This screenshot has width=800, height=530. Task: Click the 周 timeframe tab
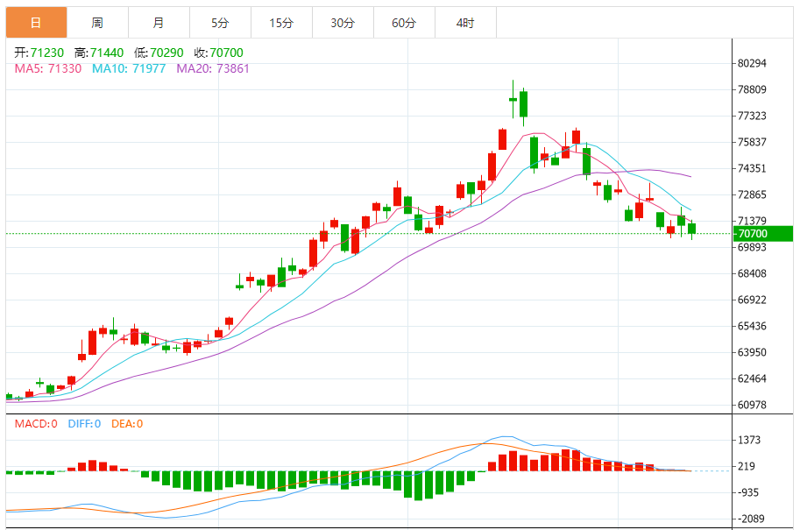click(97, 23)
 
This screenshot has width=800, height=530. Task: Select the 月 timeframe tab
click(158, 23)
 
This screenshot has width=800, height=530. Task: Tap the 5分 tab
click(220, 23)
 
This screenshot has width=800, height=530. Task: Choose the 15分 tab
click(281, 23)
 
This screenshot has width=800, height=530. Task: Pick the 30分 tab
click(343, 23)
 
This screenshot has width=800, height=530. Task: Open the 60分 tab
click(404, 23)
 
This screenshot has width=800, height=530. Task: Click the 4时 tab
click(465, 23)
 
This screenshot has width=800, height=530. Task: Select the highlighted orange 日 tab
click(36, 23)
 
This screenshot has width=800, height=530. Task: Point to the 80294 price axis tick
click(753, 63)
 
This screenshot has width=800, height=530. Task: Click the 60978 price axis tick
click(753, 405)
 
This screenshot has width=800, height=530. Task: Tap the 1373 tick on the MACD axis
click(749, 440)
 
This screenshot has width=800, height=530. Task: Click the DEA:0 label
click(126, 424)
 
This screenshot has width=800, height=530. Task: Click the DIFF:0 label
click(85, 424)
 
